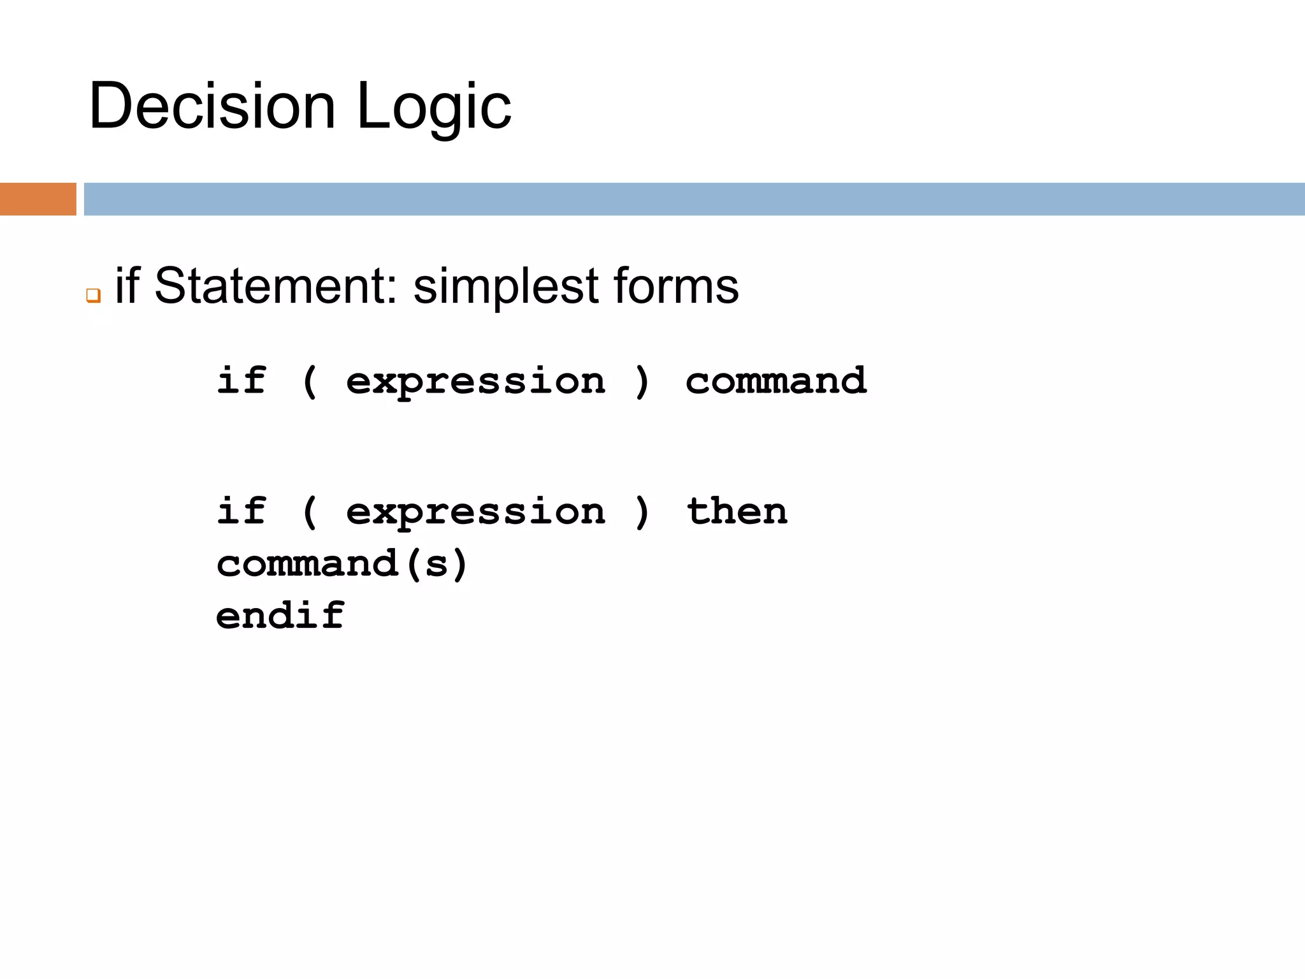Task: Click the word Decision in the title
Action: (212, 106)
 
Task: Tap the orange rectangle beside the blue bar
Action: (38, 199)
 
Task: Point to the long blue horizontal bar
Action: (694, 199)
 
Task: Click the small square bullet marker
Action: (94, 296)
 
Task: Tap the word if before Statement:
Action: (127, 286)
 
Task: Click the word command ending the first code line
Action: (776, 381)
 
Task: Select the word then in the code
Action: (737, 511)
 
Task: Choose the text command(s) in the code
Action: (342, 564)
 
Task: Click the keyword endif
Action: (280, 616)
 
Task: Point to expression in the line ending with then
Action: (475, 512)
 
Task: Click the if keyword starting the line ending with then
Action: (242, 511)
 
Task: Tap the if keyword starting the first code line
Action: (242, 381)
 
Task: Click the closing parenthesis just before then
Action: (642, 512)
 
